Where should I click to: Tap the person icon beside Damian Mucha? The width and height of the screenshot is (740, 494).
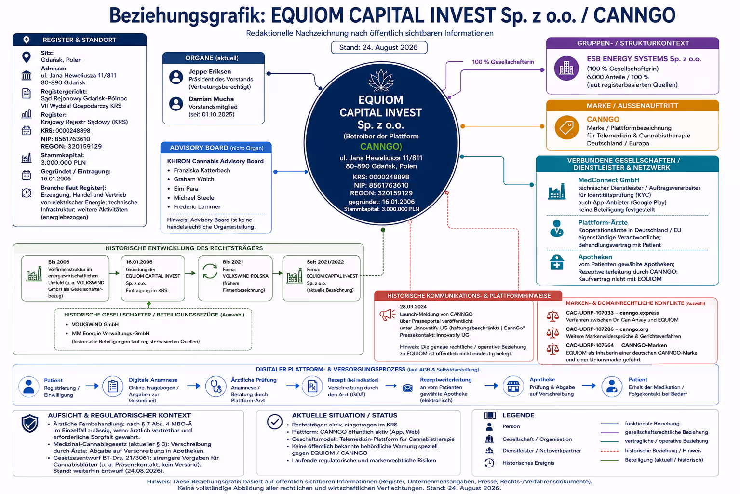pos(176,104)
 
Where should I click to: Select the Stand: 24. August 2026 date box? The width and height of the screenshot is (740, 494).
pos(379,47)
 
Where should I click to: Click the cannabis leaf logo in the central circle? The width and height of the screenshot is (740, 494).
pos(381,81)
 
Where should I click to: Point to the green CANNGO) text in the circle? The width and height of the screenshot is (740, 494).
pos(381,146)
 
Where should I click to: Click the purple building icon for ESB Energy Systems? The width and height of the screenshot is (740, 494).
pos(566,69)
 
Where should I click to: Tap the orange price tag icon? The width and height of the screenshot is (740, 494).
pos(566,127)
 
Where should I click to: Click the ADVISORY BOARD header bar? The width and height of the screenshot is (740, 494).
pos(216,148)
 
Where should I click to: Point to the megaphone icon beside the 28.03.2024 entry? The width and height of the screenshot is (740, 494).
pos(387,315)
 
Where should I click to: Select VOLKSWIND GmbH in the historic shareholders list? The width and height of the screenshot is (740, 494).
pos(95,324)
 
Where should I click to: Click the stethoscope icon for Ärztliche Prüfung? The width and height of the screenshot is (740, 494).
pos(216,386)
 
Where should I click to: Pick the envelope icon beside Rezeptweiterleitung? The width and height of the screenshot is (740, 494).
pos(408,387)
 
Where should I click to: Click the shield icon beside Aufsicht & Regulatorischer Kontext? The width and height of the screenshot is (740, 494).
pos(30,424)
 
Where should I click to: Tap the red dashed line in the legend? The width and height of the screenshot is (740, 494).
pos(609,451)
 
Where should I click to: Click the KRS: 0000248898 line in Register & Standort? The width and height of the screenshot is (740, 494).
pos(66,131)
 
